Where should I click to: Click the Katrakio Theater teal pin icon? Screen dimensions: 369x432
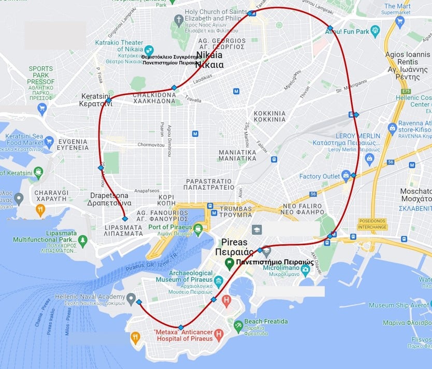pos(149,49)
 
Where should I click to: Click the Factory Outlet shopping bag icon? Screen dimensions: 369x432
pos(345,176)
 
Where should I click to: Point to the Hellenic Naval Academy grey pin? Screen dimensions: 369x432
pos(131,299)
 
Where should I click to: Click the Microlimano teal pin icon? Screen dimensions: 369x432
pos(305,268)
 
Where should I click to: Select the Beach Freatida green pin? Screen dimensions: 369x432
pos(238,326)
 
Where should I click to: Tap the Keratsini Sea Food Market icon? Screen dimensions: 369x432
pos(49,141)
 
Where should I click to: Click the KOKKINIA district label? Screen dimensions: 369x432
pos(269,116)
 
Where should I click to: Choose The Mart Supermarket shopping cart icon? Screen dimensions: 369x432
pos(399,22)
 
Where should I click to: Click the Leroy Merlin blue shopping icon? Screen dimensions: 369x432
pos(369,159)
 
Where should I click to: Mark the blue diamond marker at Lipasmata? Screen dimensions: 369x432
pos(124,219)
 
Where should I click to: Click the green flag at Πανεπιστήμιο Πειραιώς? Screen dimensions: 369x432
pos(229,263)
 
